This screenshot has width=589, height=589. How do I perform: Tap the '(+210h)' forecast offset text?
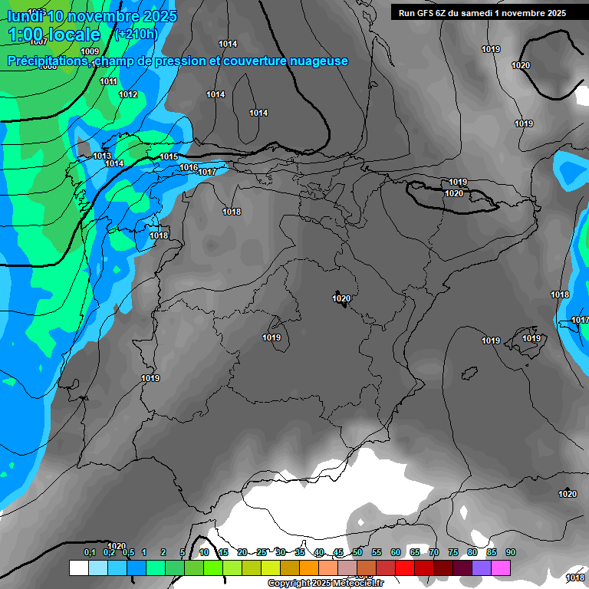pyautogui.click(x=136, y=34)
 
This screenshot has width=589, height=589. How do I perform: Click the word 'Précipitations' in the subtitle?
pyautogui.click(x=45, y=61)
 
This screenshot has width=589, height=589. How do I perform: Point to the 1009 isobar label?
pyautogui.click(x=90, y=51)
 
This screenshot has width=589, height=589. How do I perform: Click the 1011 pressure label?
pyautogui.click(x=109, y=81)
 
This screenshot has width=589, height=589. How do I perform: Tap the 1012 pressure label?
pyautogui.click(x=128, y=94)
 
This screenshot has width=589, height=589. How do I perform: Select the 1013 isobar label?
pyautogui.click(x=102, y=156)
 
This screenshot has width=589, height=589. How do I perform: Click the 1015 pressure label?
pyautogui.click(x=169, y=156)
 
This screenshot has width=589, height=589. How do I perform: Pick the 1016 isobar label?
pyautogui.click(x=189, y=167)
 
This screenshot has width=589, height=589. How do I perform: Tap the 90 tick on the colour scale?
pyautogui.click(x=511, y=552)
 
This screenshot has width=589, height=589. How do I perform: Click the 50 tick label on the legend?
pyautogui.click(x=357, y=552)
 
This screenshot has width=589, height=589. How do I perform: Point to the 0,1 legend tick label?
pyautogui.click(x=90, y=552)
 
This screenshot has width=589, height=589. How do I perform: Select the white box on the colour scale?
pyautogui.click(x=78, y=568)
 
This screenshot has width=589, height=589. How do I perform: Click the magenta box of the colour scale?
pyautogui.click(x=501, y=568)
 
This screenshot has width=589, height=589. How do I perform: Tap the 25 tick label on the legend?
pyautogui.click(x=262, y=552)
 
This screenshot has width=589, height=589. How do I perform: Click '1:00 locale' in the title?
pyautogui.click(x=55, y=35)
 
